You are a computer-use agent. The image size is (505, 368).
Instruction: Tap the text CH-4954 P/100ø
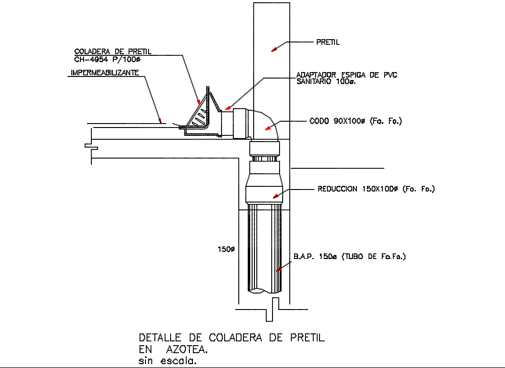pos(107,59)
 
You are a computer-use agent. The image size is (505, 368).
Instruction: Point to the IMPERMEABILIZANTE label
pos(104,72)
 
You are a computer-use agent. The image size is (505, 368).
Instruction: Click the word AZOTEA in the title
pos(187,350)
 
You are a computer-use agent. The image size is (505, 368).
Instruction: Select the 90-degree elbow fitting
pos(265,126)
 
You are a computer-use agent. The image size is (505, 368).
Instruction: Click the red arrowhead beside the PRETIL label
pos(274,49)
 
